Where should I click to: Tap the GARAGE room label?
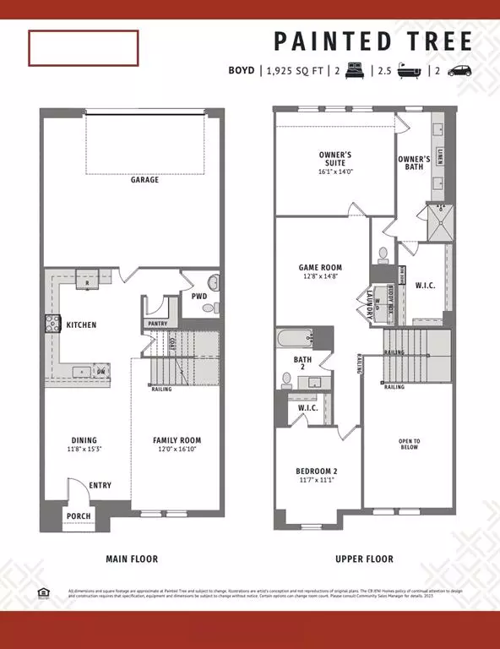(x=144, y=180)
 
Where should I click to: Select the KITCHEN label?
(x=82, y=324)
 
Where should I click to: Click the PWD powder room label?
(x=199, y=297)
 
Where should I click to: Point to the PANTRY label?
(x=157, y=324)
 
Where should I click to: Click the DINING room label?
(x=84, y=440)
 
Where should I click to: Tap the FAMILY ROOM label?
(x=177, y=440)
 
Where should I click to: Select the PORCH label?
(x=79, y=516)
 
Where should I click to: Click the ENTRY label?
(x=101, y=485)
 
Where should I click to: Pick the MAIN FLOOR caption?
(x=131, y=559)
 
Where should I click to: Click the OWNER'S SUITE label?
(x=335, y=159)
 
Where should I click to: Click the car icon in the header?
(x=460, y=72)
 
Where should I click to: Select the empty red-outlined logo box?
(x=83, y=48)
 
